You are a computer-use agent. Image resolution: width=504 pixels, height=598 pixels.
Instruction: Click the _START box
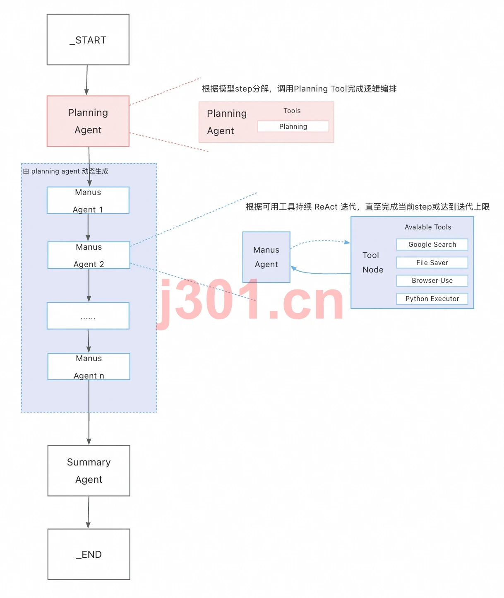coord(88,39)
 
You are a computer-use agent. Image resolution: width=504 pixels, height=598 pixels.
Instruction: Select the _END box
coord(89,554)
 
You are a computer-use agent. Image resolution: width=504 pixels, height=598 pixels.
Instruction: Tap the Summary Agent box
coord(89,470)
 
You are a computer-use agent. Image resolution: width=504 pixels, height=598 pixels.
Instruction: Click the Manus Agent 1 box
coord(88,200)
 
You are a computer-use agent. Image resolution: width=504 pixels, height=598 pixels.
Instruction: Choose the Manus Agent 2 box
coord(89,255)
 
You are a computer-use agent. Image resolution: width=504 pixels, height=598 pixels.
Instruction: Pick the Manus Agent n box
coord(89,367)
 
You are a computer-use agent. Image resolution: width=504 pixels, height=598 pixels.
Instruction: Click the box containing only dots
coord(88,316)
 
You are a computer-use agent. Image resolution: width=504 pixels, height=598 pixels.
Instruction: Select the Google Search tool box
coord(432,244)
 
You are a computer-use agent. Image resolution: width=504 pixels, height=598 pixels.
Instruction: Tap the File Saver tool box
coord(432,262)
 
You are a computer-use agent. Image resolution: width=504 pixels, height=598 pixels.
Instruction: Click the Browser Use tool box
coord(432,280)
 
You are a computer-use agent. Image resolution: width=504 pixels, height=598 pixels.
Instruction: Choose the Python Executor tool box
coord(432,299)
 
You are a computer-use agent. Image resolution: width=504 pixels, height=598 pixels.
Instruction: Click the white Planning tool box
coord(293,126)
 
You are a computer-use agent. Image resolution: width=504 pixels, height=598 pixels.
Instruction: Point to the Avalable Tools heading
coord(427,227)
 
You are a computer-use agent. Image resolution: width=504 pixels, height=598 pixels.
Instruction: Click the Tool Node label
coord(372,262)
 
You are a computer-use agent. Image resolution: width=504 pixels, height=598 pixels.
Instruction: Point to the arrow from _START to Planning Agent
coord(87,80)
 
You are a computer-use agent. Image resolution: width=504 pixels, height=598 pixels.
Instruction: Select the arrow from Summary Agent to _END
coord(89,512)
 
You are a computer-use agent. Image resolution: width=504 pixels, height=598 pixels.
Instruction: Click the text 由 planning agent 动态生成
coord(65,171)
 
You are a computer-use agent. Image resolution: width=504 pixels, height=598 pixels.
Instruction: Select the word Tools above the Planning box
coord(292,111)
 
